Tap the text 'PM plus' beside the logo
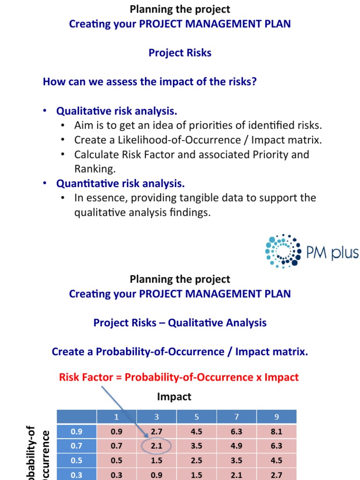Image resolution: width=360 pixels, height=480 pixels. (x=332, y=253)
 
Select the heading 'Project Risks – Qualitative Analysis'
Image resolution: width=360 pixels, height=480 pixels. (x=180, y=322)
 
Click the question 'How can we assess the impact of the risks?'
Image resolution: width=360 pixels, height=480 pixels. (x=150, y=82)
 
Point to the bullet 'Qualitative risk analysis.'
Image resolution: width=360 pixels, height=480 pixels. (x=117, y=111)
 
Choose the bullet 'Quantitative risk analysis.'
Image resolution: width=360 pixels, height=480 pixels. (x=120, y=183)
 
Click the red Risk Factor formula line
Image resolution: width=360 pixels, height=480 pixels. (x=179, y=377)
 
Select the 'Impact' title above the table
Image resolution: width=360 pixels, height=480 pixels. (x=174, y=397)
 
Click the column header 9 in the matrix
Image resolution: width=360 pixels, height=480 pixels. (x=276, y=416)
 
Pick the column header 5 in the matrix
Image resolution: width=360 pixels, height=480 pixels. (x=196, y=416)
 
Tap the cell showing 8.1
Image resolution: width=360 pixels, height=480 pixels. (x=276, y=431)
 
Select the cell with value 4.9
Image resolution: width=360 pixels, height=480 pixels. (x=236, y=446)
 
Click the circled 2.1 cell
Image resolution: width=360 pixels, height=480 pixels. (x=157, y=446)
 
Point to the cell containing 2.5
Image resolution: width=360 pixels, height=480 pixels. (x=196, y=460)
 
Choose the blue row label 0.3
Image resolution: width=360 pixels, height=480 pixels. (x=76, y=474)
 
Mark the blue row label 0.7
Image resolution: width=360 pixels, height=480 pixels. (x=76, y=446)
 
